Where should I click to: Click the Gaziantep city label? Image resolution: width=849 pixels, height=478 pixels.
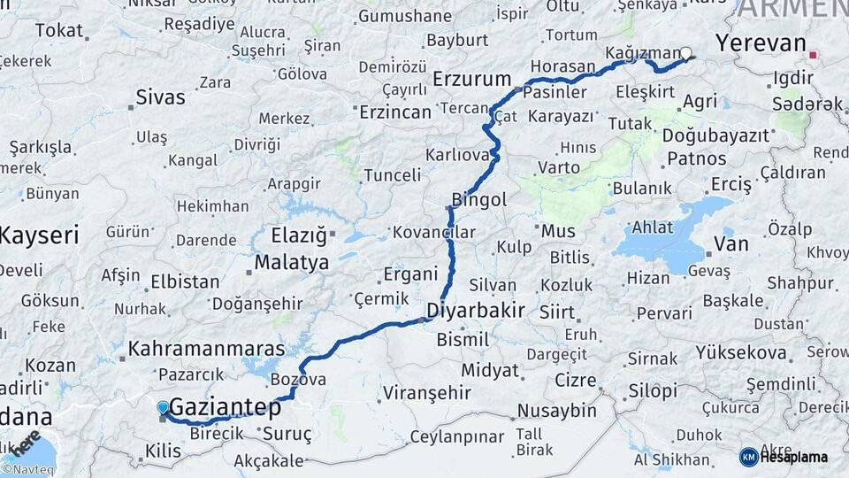point(225,408)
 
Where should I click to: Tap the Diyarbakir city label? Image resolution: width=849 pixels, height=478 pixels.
point(476,311)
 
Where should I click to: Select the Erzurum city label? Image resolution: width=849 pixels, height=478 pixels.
point(472,80)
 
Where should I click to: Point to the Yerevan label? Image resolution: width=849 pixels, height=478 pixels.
point(761,43)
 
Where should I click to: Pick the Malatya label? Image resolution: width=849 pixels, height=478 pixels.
point(292,263)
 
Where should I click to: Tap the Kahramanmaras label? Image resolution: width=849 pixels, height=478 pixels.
point(206,349)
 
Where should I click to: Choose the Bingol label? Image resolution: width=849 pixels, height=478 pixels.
point(478,200)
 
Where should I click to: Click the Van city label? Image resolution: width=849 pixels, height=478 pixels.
point(730,243)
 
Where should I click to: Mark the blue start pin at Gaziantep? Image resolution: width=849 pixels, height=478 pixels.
point(163,408)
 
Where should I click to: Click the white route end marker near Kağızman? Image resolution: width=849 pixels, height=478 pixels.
point(685,54)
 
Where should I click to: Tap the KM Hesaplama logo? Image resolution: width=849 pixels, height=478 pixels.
point(784,457)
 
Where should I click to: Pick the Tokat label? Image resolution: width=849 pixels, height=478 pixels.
point(58,30)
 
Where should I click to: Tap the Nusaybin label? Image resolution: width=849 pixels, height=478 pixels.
point(557,411)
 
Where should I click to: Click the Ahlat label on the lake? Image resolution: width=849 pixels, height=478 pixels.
point(653,227)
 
